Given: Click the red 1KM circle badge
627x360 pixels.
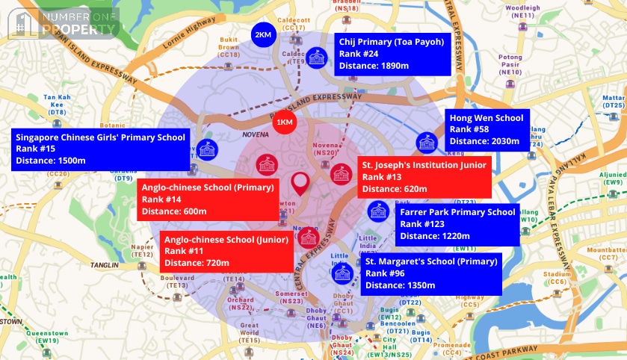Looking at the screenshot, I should pos(284,122).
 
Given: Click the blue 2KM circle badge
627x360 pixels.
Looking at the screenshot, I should pos(262,35).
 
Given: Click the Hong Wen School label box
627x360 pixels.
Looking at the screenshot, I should pos(488,129).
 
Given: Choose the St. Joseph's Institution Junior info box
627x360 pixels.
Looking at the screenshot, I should pos(424,177).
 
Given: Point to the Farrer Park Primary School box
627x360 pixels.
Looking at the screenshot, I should pos(457,224).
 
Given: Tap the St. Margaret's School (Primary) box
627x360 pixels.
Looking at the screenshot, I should pos(431,273).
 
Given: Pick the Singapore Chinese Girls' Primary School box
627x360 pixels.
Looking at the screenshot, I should pos(100,149).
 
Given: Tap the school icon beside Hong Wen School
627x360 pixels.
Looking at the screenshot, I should pos(427,141).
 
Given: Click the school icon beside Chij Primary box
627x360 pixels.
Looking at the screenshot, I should pos(316,58).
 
